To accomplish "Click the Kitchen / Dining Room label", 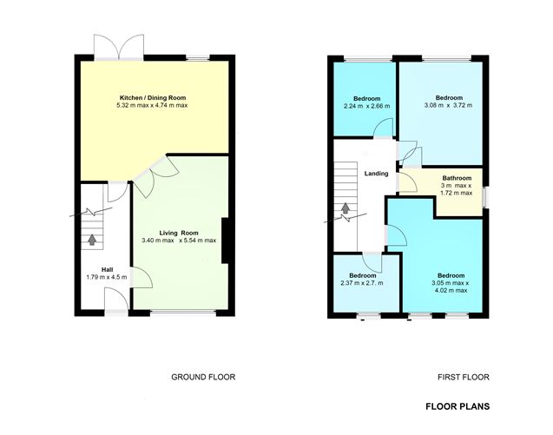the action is click(x=153, y=98).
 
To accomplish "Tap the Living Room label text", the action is click(x=179, y=233).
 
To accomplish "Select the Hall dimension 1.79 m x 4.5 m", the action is click(x=107, y=277).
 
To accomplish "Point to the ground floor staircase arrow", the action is click(x=92, y=240).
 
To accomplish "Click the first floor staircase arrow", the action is click(x=346, y=208).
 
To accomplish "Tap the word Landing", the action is click(x=376, y=174).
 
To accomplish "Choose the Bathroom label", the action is click(x=457, y=178).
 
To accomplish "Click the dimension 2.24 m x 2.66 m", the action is click(x=366, y=106).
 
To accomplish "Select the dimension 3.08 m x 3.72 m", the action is click(x=449, y=105).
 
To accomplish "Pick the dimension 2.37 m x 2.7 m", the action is click(x=362, y=283).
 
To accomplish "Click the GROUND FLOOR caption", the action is click(x=203, y=377).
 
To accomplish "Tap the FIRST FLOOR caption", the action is click(x=464, y=377).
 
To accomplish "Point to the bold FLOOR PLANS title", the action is click(x=458, y=406).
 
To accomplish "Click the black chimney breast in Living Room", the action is click(x=226, y=241).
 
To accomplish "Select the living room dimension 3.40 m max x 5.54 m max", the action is click(x=179, y=241).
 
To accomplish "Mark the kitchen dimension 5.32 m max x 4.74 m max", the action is click(x=152, y=105).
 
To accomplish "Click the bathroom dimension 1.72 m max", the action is click(x=457, y=193).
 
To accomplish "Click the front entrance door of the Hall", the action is click(x=116, y=299).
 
